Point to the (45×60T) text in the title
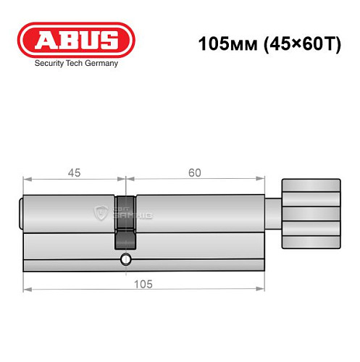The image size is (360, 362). click(290, 43)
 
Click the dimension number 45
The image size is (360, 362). click(74, 172)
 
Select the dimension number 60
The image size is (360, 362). click(193, 172)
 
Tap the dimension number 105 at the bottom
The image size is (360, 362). click(142, 283)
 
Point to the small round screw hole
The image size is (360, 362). click(125, 260)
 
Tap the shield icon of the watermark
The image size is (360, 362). click(101, 214)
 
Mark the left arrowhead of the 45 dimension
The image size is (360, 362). click(27, 180)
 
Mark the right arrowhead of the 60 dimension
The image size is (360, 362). click(260, 180)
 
